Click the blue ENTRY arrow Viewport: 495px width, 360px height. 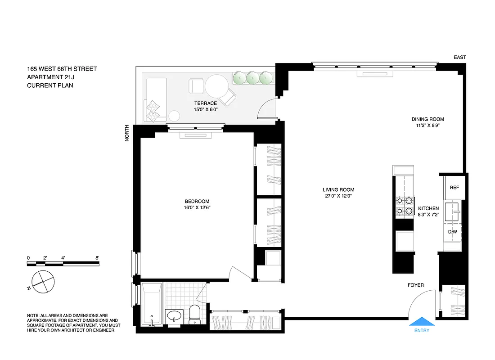pyautogui.click(x=422, y=321)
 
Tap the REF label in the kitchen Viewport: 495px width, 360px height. pyautogui.click(x=454, y=187)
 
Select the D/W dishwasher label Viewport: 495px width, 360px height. pyautogui.click(x=453, y=232)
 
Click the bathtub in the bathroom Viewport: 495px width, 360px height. pyautogui.click(x=152, y=304)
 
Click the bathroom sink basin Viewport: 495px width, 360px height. pyautogui.click(x=173, y=316)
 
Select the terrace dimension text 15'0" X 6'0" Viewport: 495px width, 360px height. pyautogui.click(x=206, y=109)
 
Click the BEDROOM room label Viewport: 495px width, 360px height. pyautogui.click(x=197, y=201)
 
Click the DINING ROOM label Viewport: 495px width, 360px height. pyautogui.click(x=427, y=119)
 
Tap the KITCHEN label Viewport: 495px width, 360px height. pyautogui.click(x=428, y=208)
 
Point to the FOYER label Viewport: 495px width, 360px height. pyautogui.click(x=416, y=285)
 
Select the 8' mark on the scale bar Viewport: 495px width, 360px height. pyautogui.click(x=97, y=258)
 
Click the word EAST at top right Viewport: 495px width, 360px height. pyautogui.click(x=460, y=57)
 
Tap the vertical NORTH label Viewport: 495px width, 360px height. pyautogui.click(x=127, y=133)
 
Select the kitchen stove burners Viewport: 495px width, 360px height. pyautogui.click(x=404, y=206)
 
